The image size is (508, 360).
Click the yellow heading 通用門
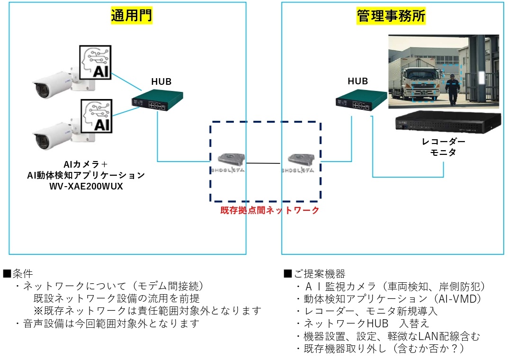(132, 16)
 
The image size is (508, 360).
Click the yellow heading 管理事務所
(391, 16)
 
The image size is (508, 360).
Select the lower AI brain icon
(96, 115)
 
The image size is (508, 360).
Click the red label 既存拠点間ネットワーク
(269, 210)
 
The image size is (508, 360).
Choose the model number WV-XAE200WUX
(86, 187)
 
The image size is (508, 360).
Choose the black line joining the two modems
(266, 163)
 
